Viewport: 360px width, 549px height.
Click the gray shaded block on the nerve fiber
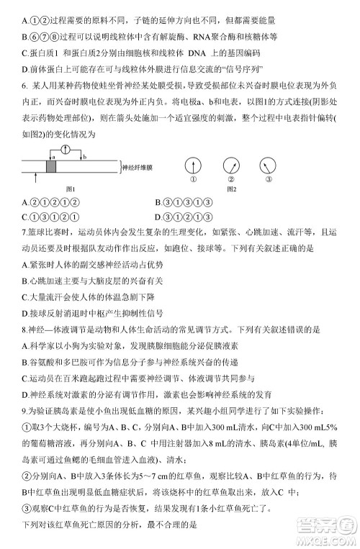coord(51,165)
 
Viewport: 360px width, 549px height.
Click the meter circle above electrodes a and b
coord(66,150)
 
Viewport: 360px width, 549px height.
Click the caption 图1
coord(71,189)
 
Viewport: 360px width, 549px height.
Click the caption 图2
coord(231,189)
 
